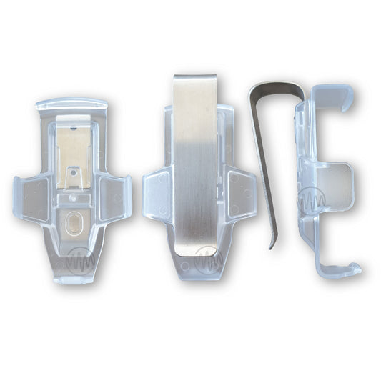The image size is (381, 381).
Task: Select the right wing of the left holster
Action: [x=115, y=194]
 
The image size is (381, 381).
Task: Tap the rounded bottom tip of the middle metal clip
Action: [x=197, y=249]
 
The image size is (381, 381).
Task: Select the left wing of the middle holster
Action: [x=155, y=192]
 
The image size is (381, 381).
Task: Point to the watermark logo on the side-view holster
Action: [x=312, y=201]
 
